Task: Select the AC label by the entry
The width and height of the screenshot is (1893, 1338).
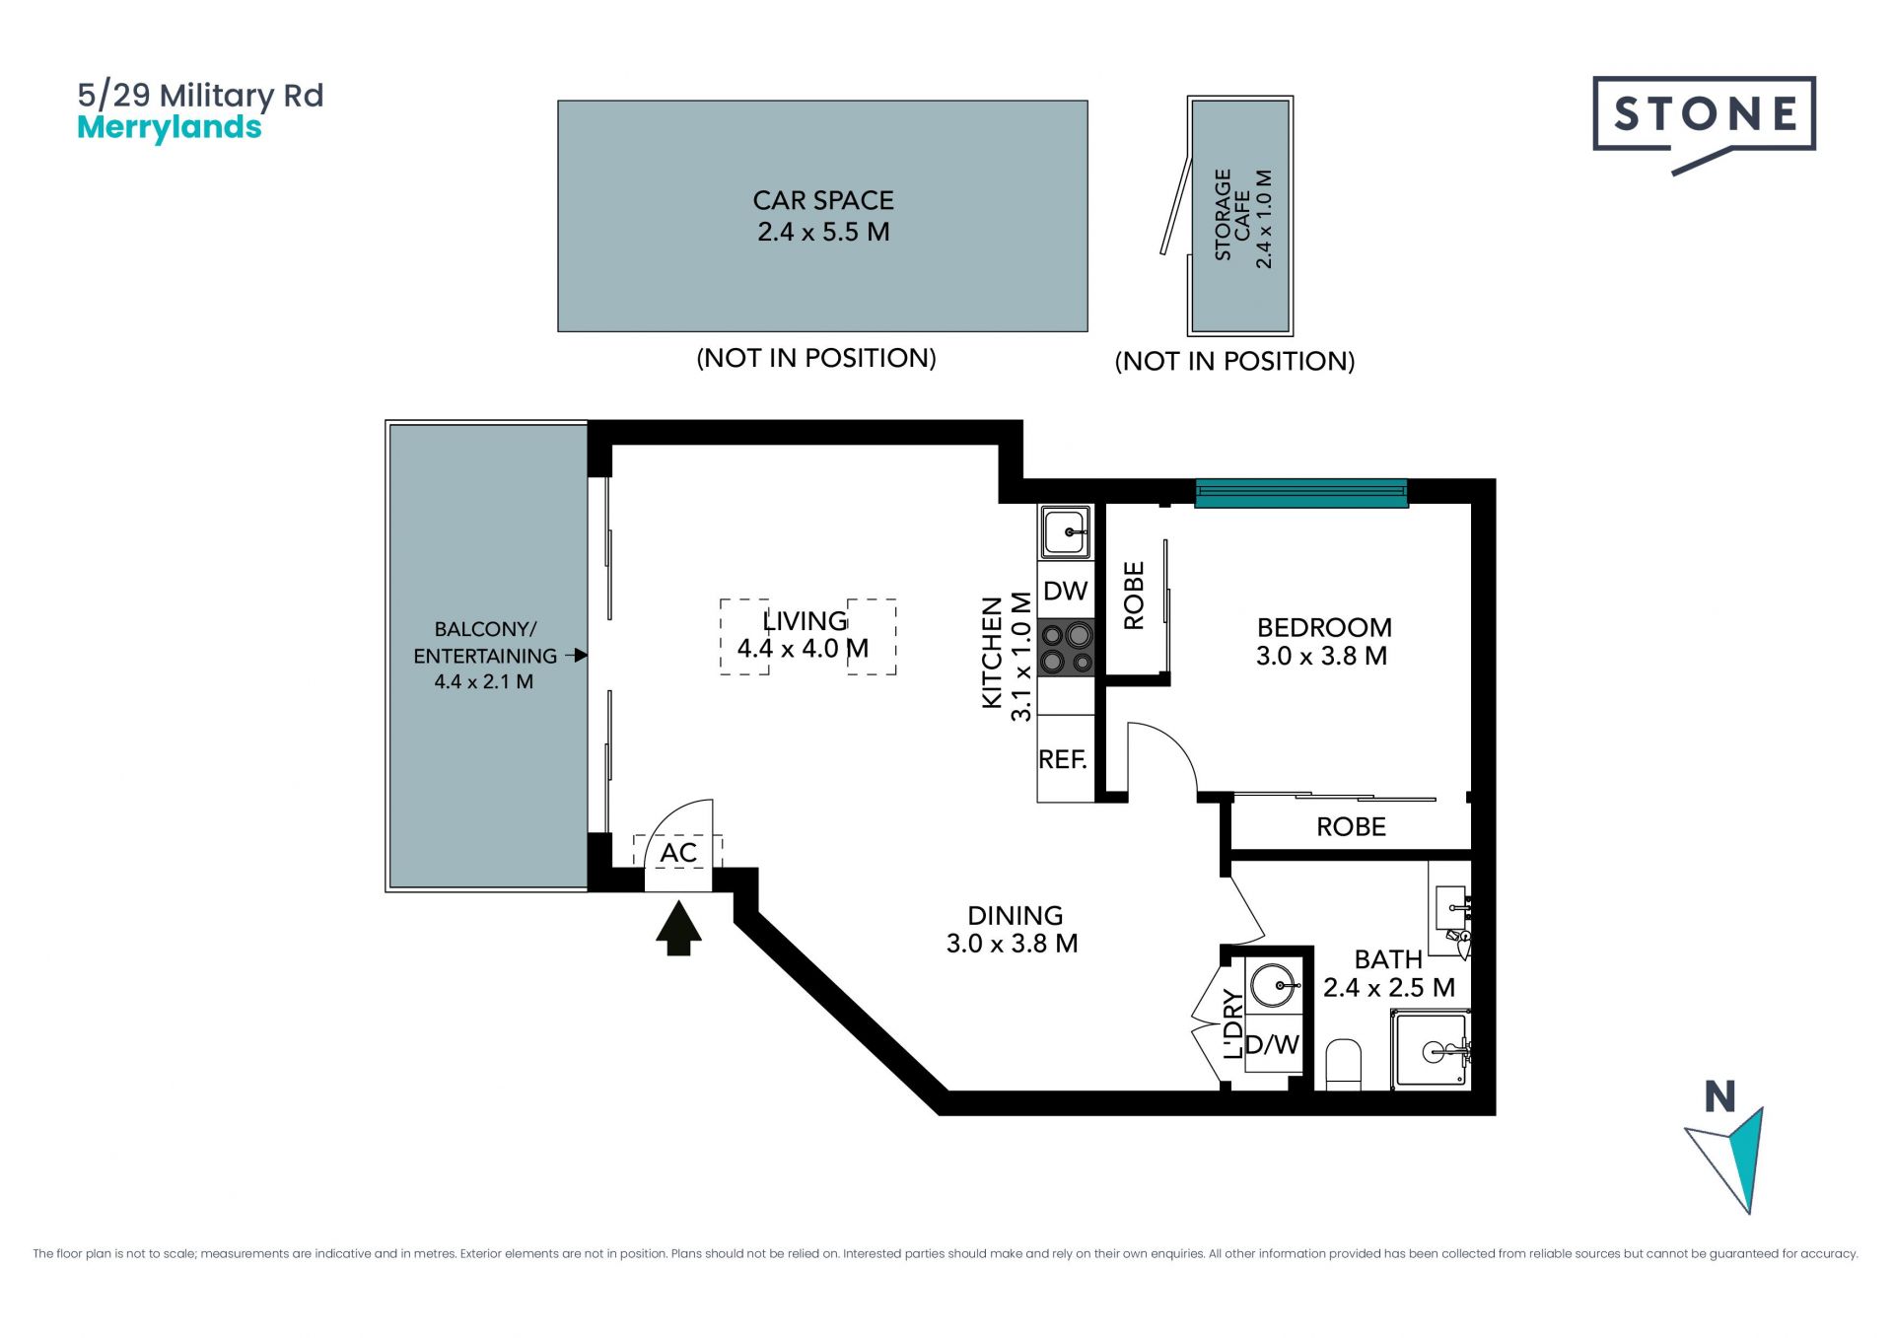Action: (678, 853)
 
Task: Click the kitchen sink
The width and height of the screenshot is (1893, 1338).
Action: (1065, 532)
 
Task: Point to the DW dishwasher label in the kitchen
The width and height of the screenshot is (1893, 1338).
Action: (1065, 591)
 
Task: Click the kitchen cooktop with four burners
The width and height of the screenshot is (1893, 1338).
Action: (1066, 647)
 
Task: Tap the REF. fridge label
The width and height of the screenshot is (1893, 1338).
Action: (1063, 759)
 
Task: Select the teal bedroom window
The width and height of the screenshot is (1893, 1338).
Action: (1301, 493)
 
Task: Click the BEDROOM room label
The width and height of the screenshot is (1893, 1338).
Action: (1324, 627)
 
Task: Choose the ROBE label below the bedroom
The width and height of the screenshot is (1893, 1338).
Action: (1351, 826)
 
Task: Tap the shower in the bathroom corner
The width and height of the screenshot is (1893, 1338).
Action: (1432, 1050)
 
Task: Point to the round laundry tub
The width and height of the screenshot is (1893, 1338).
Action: (1273, 985)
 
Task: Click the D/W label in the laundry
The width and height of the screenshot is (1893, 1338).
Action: (1273, 1044)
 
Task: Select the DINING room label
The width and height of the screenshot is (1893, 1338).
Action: (1015, 915)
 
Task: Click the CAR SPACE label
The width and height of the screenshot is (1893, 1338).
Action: (823, 200)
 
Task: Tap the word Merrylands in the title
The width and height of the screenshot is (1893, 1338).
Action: (170, 127)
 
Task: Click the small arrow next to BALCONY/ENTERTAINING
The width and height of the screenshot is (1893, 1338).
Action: (577, 655)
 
